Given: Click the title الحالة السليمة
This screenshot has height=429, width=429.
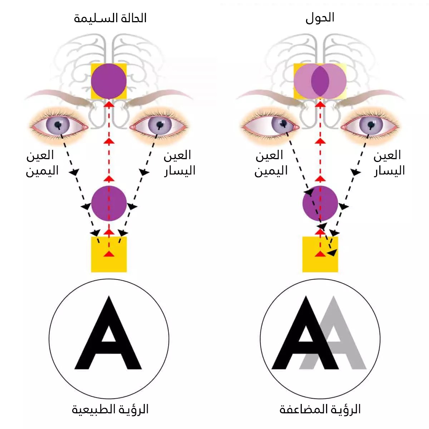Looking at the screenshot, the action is click(x=110, y=18).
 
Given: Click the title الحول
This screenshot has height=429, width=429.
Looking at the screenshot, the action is click(x=320, y=18).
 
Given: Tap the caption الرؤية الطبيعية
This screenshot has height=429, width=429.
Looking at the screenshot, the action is click(x=110, y=409).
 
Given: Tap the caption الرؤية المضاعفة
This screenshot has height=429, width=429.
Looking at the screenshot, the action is click(x=320, y=409).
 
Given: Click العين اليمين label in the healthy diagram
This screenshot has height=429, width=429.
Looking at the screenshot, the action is click(x=41, y=163).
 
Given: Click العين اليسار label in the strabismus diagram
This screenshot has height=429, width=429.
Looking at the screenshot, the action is click(x=389, y=163).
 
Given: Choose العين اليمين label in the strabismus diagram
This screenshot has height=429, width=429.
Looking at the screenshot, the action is click(x=271, y=163).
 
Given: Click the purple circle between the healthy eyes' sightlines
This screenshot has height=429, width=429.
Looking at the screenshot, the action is click(x=109, y=203).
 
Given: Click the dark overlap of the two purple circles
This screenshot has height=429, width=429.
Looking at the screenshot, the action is click(x=320, y=81).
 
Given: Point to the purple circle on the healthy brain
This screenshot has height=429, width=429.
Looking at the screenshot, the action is click(x=109, y=81).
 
